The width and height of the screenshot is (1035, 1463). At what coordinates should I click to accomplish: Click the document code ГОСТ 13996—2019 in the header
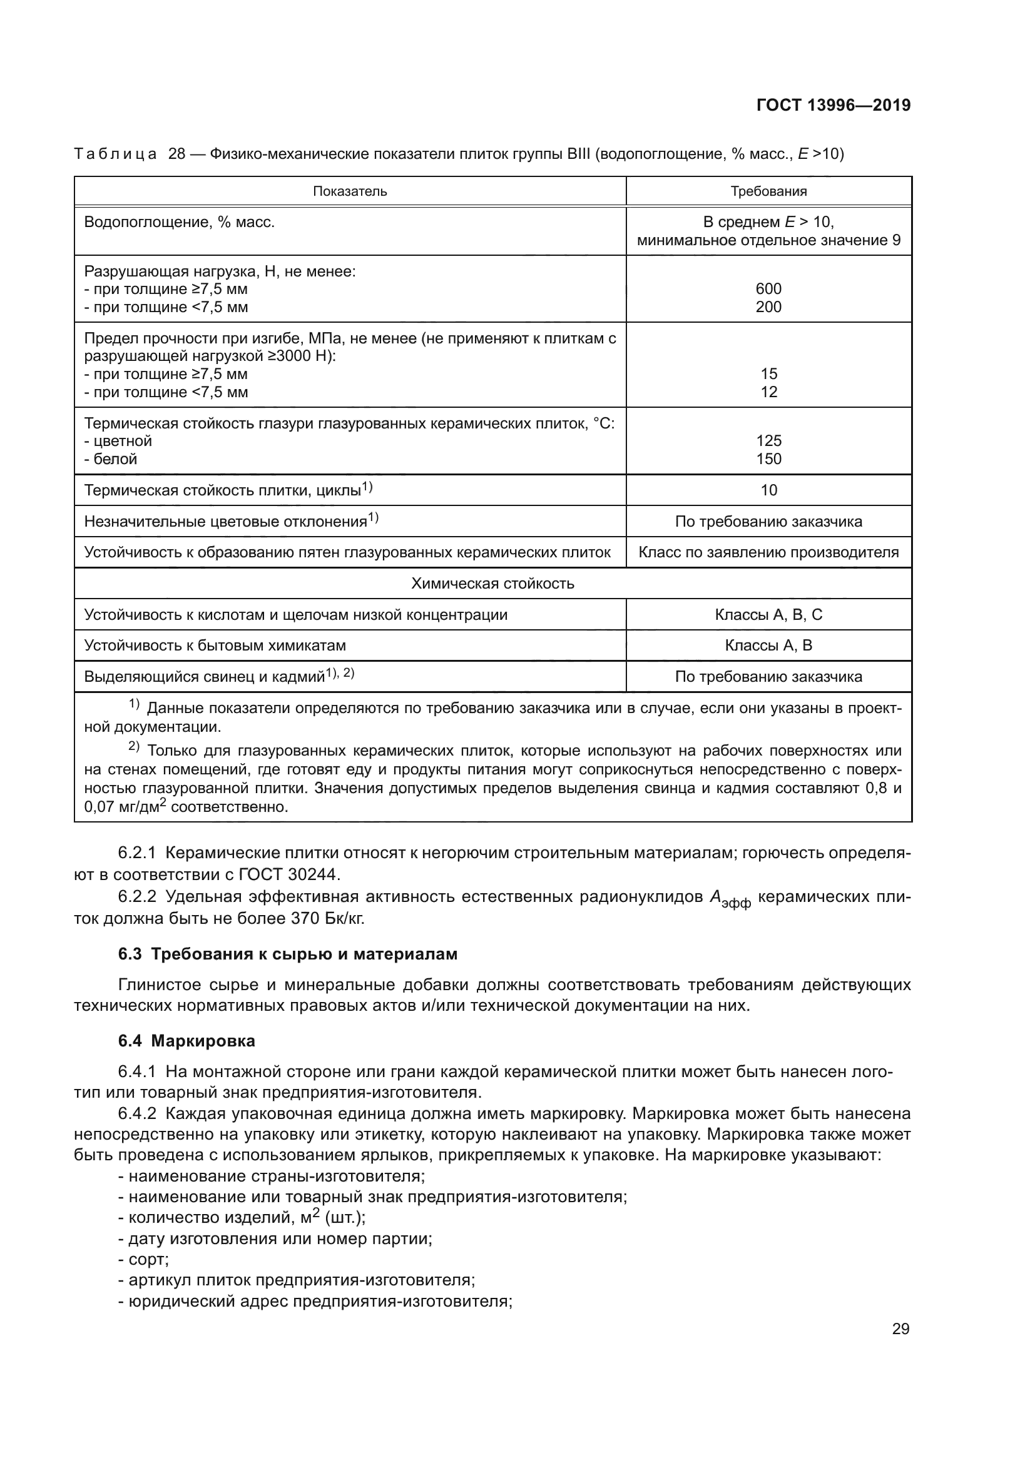833,106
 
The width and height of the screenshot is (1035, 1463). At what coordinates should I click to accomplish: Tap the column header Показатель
350,192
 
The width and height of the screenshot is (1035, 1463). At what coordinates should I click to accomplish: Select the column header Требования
768,192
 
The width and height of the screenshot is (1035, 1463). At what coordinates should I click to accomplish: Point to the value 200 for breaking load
768,307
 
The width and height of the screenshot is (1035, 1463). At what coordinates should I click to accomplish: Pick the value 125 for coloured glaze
768,441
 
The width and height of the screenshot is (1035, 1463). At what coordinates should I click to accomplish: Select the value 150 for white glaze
768,458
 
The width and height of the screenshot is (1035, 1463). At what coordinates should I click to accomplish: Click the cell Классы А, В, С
768,615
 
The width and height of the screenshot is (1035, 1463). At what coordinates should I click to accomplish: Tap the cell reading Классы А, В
768,645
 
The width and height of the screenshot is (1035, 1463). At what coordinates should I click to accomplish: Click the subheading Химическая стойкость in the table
492,584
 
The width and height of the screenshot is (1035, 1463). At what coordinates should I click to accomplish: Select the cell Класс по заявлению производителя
768,552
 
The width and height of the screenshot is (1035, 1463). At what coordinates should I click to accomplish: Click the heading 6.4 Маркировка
186,1041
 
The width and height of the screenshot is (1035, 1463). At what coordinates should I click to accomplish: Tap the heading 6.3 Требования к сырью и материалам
287,954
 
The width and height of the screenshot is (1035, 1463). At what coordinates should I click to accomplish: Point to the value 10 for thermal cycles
768,490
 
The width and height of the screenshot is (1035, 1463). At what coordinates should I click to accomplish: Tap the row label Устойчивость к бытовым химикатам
215,645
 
